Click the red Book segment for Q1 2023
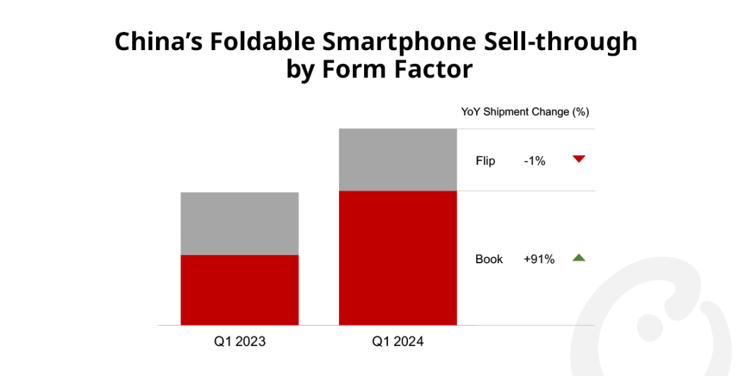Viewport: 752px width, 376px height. click(240, 290)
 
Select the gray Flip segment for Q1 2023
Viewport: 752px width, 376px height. click(240, 224)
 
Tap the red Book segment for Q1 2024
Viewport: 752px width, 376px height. click(398, 258)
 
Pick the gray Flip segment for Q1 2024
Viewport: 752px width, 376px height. click(398, 159)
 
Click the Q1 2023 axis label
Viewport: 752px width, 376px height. click(240, 342)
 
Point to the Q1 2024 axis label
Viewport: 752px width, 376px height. click(398, 342)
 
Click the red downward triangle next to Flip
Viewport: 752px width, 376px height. click(579, 159)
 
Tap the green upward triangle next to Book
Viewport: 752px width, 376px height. click(579, 258)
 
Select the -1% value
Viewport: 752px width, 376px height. click(535, 161)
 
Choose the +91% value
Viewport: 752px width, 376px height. click(539, 259)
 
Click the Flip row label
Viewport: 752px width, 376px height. click(485, 161)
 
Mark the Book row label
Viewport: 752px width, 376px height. click(489, 259)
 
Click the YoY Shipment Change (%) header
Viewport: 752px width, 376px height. click(525, 112)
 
